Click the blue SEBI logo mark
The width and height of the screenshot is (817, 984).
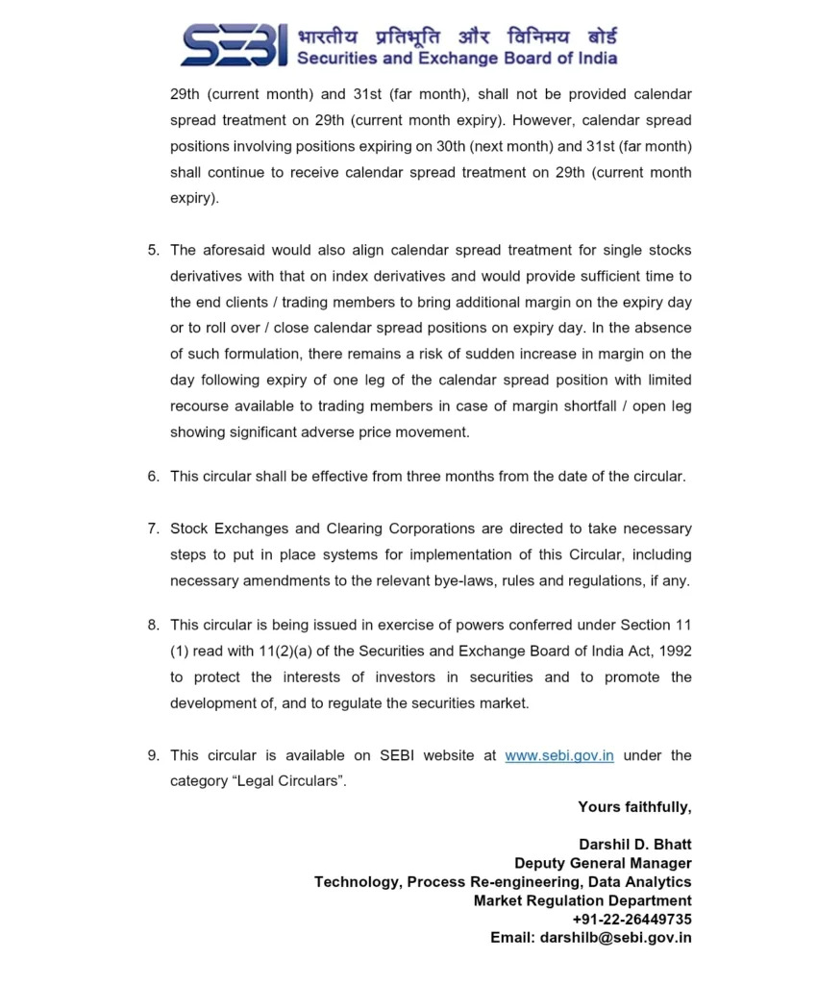coord(234,46)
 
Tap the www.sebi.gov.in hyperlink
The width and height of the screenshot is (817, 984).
coord(559,755)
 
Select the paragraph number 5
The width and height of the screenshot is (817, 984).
coord(153,250)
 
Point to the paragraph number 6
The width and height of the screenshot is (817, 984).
coord(153,477)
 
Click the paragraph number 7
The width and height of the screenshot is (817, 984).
coord(153,529)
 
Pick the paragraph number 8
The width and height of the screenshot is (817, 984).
coord(153,625)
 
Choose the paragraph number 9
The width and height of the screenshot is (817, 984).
coord(153,755)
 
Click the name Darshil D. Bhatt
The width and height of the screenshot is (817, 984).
coord(634,845)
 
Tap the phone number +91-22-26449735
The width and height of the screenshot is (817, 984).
coord(631,919)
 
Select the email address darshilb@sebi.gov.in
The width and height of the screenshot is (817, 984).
coord(615,938)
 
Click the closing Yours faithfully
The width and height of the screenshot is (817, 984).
coord(634,807)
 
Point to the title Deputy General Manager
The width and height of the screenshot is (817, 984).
coord(603,863)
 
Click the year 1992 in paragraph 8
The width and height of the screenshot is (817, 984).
coord(674,651)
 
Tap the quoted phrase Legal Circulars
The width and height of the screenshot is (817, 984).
coord(258,781)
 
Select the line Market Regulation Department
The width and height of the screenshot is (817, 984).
coord(582,900)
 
